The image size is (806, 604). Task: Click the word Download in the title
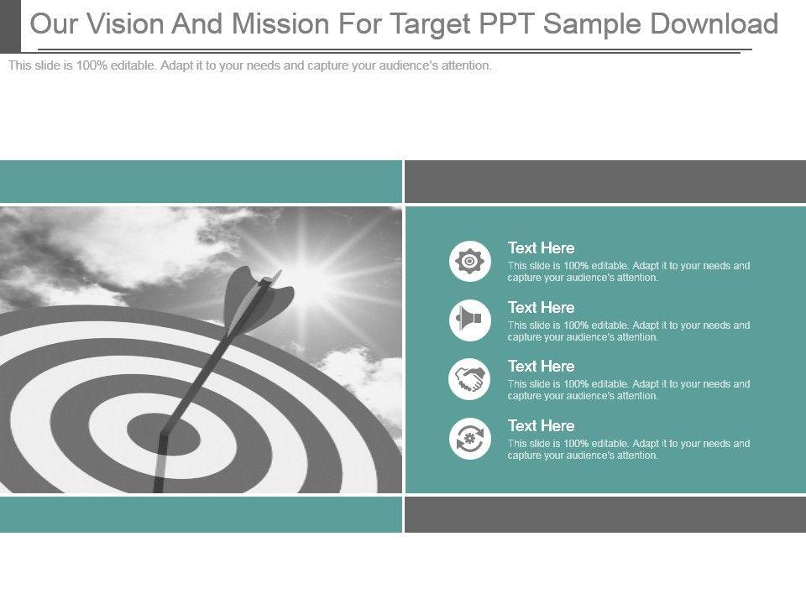point(714,23)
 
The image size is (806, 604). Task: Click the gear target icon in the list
point(470,261)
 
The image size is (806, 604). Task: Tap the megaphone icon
point(470,320)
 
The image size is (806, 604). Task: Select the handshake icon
point(470,379)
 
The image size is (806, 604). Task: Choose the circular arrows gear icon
point(470,439)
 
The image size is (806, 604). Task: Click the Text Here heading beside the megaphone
point(542,307)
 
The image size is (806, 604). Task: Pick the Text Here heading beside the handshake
point(542,367)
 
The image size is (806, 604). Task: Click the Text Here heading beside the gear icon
point(542,248)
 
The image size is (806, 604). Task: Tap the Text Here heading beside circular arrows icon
point(542,426)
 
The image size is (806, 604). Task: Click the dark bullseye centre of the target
point(163,435)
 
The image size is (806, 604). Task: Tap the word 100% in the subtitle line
point(92,65)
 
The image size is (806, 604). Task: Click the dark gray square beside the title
point(10,26)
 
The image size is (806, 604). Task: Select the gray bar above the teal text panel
point(605,181)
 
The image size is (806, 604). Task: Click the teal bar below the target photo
point(201,514)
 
